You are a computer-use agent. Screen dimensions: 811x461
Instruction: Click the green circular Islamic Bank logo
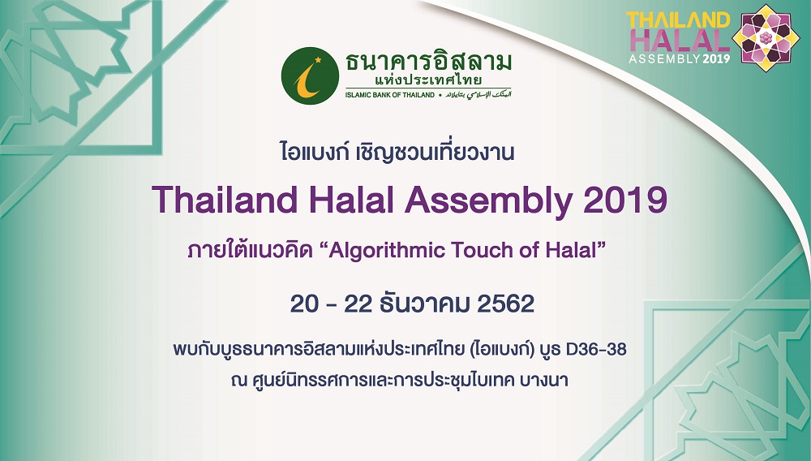(310, 75)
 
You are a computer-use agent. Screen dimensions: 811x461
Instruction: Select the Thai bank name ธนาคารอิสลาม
(428, 61)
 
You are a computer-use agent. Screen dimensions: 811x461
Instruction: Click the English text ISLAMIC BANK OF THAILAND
(390, 95)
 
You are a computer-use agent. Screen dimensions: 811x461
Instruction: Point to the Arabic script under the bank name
(478, 95)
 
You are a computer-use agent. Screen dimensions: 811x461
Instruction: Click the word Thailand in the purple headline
(225, 200)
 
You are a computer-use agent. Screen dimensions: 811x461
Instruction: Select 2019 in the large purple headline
(625, 200)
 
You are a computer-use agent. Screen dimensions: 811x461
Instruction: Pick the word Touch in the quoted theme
(483, 251)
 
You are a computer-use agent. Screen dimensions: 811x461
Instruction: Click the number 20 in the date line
(304, 304)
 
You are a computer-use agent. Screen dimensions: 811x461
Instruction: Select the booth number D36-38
(596, 349)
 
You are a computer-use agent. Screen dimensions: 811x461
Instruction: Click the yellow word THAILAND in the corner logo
(678, 20)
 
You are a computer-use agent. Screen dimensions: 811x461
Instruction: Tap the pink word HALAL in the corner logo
(679, 40)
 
